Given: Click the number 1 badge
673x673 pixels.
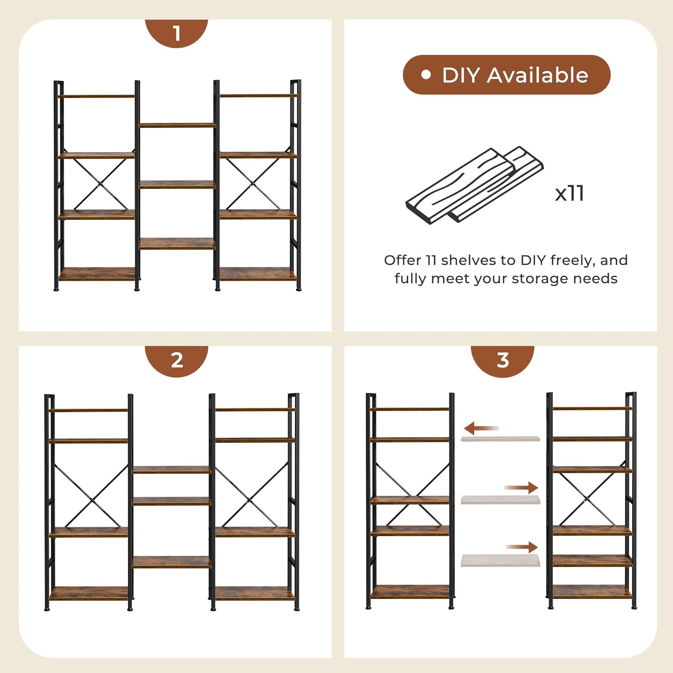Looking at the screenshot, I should point(176,33).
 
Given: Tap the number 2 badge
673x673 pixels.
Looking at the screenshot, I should point(176,360).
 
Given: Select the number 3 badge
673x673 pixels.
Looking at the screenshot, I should point(502,360).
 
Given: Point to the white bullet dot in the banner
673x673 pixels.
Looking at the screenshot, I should point(426,74).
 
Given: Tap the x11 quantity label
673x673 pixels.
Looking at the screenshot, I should point(569,193).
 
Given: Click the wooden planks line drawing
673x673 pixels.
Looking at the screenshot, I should point(474,185).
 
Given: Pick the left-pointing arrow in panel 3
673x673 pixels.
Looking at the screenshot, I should point(481,428).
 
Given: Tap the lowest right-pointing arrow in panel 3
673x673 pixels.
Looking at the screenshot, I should point(522,547).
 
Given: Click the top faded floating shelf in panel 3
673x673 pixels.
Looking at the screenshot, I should point(500,438).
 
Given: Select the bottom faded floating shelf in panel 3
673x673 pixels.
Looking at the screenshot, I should point(500,560).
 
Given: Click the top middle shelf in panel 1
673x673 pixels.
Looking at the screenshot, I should point(177,125).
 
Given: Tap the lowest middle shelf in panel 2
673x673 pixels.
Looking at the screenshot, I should point(171,562).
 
